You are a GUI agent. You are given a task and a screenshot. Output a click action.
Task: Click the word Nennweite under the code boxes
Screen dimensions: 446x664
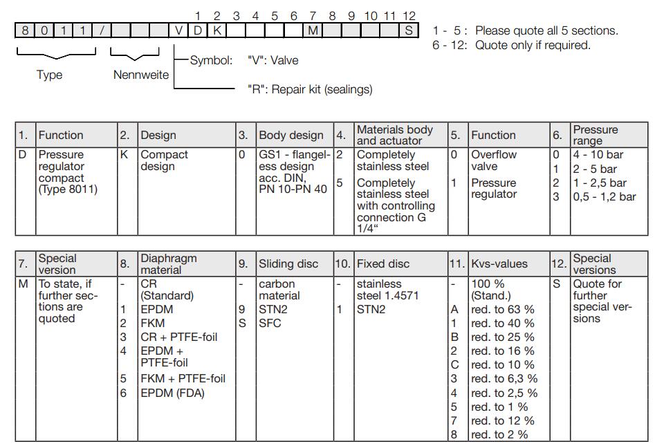[x=141, y=75]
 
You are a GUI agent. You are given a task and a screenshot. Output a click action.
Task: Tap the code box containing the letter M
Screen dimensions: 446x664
[x=313, y=30]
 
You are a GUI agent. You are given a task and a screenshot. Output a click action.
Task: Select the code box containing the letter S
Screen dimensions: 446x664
[x=409, y=30]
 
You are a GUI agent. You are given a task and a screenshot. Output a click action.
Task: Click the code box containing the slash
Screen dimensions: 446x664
[x=102, y=30]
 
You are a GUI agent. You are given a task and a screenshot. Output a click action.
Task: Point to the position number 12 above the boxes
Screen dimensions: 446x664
[x=409, y=15]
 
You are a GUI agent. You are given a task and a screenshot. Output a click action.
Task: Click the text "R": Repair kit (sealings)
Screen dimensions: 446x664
[x=309, y=89]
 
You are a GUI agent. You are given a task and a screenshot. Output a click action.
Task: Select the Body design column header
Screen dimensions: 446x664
[x=290, y=135]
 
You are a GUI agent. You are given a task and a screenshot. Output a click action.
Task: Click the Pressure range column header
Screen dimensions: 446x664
[x=595, y=135]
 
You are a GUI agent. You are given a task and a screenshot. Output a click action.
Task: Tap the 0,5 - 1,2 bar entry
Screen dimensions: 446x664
[x=605, y=197]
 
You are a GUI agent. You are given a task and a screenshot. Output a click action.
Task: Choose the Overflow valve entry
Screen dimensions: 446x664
[x=488, y=160]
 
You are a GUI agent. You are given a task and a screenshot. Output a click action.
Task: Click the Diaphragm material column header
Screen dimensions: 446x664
[x=168, y=263]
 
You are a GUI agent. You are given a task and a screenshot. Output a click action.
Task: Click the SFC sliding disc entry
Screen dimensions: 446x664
[x=270, y=323]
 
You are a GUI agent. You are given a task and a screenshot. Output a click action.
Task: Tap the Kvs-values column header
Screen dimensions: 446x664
[x=499, y=263]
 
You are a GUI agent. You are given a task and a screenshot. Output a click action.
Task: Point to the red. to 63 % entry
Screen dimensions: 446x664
[x=503, y=309]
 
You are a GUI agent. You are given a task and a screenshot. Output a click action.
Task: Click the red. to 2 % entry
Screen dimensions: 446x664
[x=499, y=434]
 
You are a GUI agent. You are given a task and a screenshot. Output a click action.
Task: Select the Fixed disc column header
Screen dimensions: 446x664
[x=382, y=263]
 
